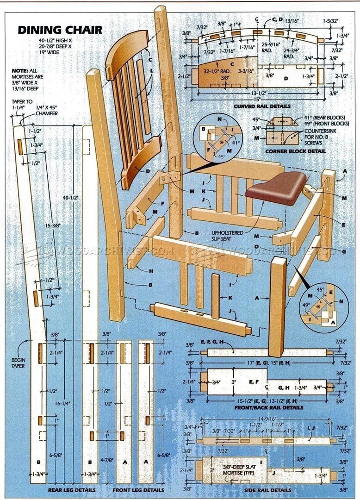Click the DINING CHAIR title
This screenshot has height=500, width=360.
[x=60, y=31]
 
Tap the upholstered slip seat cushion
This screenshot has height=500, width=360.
[x=276, y=188]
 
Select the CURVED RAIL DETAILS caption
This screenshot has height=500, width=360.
[x=262, y=106]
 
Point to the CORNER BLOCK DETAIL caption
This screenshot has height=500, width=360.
[x=295, y=151]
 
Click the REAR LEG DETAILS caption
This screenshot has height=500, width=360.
[x=72, y=489]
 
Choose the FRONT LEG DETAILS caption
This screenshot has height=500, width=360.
[x=138, y=489]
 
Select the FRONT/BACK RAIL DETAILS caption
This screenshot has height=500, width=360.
[x=269, y=408]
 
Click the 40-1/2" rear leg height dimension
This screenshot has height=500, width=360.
[x=70, y=197]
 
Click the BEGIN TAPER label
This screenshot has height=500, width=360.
[x=18, y=362]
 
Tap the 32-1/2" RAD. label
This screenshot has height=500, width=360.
[x=217, y=72]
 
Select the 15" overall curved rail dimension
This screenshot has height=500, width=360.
[x=257, y=99]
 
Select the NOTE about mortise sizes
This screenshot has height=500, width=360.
[x=26, y=79]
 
